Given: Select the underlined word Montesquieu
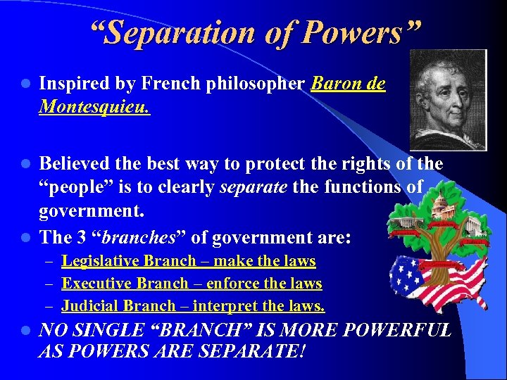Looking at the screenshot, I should [94, 108].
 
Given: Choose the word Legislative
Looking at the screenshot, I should [100, 262].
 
